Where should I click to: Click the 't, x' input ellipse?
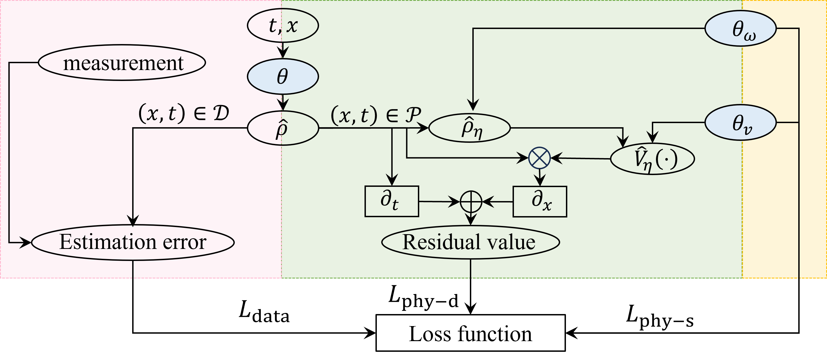coord(282,25)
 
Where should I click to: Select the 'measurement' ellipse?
coord(122,63)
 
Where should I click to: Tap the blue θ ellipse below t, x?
coord(282,77)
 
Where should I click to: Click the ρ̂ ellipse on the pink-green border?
coord(282,128)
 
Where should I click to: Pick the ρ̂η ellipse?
coord(469,128)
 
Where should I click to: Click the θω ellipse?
coord(740,28)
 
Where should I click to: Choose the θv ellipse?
coord(740,123)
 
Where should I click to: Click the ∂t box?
coord(392,201)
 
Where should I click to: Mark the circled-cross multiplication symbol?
coord(539,158)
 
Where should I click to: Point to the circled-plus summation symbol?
coord(471,202)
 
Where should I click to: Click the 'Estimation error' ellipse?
coord(133,242)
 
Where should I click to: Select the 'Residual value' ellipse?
coord(470,242)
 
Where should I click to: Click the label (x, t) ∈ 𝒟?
coord(183,114)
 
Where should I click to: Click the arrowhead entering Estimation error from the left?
coord(26,243)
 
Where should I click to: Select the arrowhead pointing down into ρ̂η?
coord(473,105)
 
